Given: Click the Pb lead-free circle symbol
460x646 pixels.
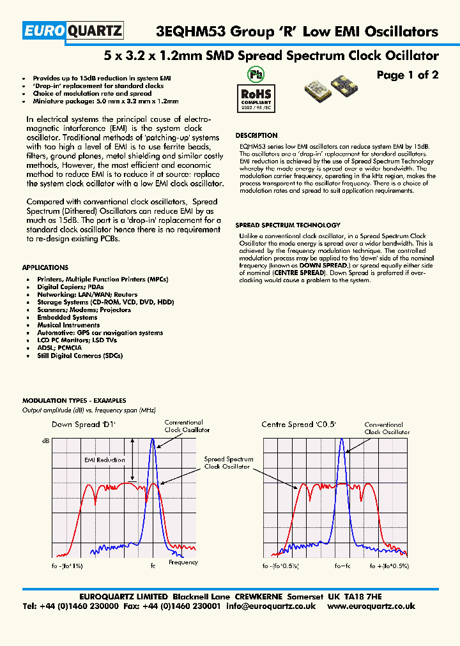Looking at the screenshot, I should click(x=256, y=75).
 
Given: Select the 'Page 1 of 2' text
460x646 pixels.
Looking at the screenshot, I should click(x=407, y=75).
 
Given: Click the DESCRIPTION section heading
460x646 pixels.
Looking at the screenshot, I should click(x=256, y=135).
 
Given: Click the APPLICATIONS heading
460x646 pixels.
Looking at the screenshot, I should click(x=45, y=267).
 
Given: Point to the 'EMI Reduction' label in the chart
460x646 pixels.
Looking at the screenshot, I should click(x=104, y=460).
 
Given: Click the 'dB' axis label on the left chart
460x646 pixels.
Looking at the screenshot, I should click(x=45, y=440).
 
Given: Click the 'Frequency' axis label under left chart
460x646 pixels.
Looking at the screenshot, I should click(x=183, y=562).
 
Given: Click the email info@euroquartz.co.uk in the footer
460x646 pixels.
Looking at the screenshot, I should click(x=271, y=606).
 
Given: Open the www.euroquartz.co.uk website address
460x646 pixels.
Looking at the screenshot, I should click(x=371, y=606).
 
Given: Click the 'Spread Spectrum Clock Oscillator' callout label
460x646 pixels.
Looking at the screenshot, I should click(x=228, y=463).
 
